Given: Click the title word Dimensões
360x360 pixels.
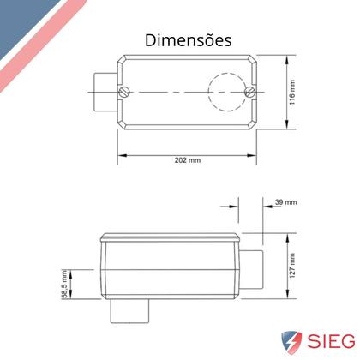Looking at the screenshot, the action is (189, 40).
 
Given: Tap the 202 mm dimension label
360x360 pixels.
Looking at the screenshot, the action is (188, 160).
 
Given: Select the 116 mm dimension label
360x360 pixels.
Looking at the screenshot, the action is (292, 93).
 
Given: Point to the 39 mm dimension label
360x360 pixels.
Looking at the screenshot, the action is (286, 202).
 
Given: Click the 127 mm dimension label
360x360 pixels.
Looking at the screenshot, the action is (292, 266).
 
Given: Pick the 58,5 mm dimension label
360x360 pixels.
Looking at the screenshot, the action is (64, 285).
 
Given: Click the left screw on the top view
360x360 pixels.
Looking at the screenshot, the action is (124, 92).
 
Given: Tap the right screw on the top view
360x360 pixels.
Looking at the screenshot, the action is (249, 92).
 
